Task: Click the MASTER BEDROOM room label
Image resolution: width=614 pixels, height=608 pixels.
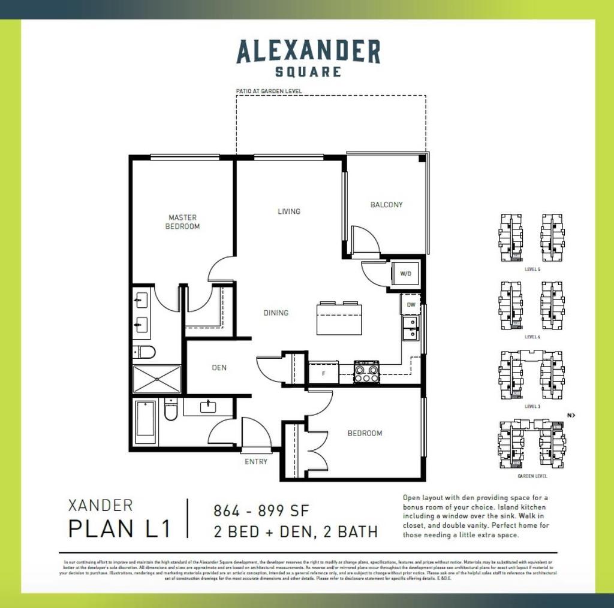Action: click(x=182, y=222)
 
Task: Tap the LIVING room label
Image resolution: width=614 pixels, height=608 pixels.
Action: click(x=288, y=211)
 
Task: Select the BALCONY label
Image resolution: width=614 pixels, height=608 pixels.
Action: click(x=386, y=205)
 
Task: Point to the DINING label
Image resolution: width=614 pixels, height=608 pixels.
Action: click(x=276, y=313)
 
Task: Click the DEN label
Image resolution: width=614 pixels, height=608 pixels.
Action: click(x=219, y=367)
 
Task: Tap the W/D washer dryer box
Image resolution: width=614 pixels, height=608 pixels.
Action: click(x=406, y=274)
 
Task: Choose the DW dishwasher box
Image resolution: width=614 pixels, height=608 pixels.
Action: click(x=410, y=304)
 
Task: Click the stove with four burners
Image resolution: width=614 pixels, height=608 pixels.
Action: click(x=366, y=372)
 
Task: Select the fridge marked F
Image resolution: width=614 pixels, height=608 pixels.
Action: click(x=323, y=373)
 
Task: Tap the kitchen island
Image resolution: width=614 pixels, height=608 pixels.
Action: click(x=339, y=319)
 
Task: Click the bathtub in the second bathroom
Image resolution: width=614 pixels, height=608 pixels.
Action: click(x=146, y=422)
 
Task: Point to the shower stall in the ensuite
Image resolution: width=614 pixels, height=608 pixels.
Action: click(x=156, y=379)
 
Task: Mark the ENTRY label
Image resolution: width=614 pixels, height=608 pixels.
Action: click(x=256, y=462)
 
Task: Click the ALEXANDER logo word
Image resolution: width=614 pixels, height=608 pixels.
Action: click(x=308, y=52)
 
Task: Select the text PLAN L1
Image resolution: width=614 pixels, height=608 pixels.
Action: click(x=119, y=529)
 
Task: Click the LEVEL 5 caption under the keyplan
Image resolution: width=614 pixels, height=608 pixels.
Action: click(x=532, y=270)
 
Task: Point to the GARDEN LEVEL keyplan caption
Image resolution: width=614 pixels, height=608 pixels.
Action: click(x=532, y=476)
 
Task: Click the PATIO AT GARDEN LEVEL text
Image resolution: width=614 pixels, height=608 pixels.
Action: click(x=269, y=92)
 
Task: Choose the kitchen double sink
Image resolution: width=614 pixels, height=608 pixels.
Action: click(x=410, y=328)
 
